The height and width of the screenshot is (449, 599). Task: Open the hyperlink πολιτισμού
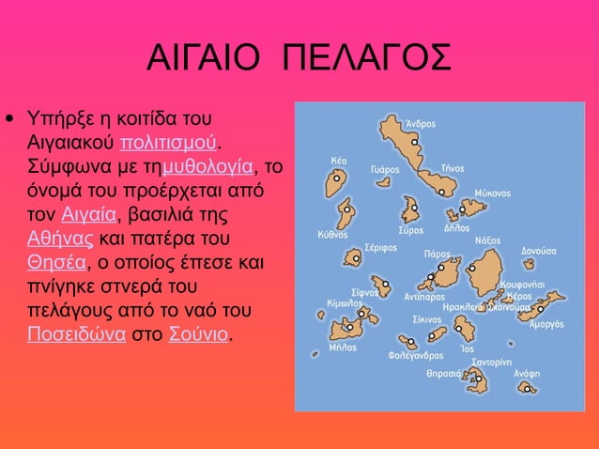171,143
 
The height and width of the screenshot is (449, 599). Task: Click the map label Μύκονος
492,193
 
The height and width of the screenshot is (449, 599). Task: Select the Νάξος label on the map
487,240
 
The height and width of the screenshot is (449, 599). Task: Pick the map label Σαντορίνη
491,361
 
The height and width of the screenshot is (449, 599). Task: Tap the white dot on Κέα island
336,177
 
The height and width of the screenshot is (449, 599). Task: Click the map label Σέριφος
381,248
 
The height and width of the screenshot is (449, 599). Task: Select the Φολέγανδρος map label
416,356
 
